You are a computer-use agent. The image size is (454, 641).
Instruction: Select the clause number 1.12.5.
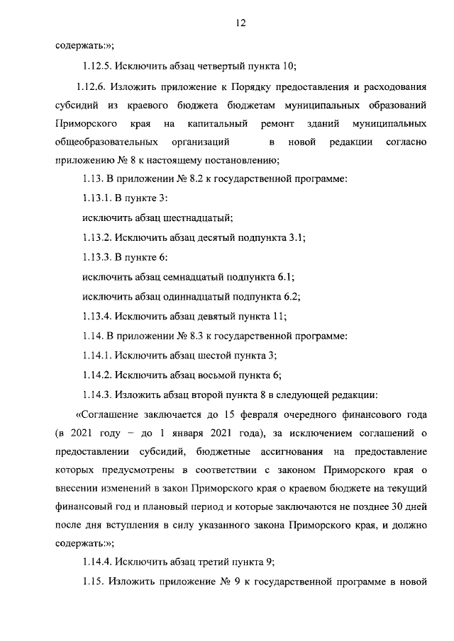(99, 67)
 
